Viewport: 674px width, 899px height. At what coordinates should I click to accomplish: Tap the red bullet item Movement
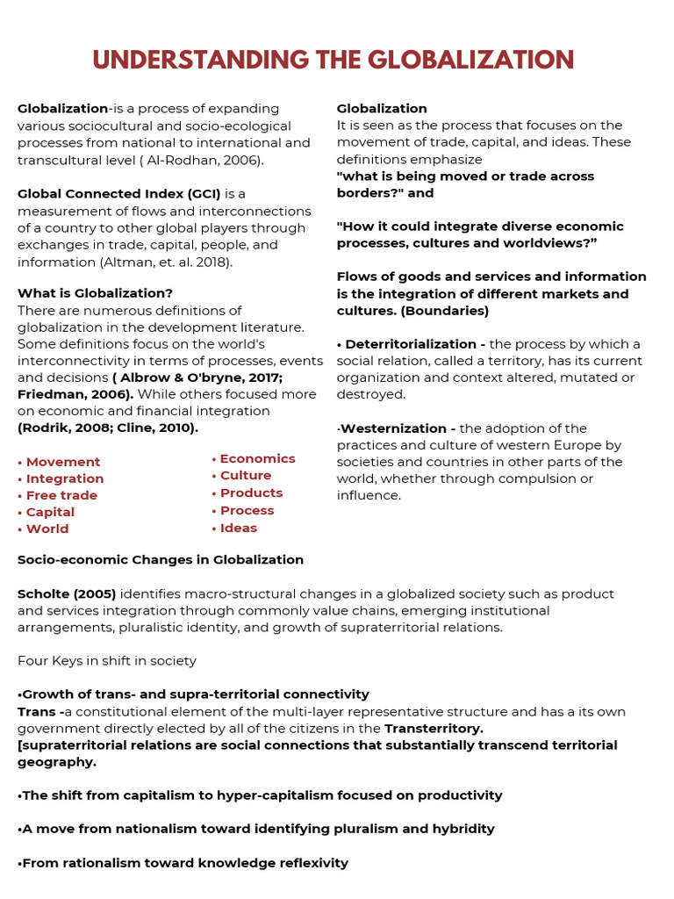(62, 462)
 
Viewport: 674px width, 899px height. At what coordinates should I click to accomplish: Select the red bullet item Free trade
(61, 495)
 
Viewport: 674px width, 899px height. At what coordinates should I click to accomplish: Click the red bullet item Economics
(257, 458)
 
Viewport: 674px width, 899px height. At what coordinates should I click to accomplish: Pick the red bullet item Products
(251, 493)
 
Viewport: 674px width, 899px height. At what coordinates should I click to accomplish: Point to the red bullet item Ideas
(238, 528)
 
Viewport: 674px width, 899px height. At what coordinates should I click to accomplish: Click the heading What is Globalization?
(95, 293)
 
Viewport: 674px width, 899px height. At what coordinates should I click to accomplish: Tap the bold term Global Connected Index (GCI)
(119, 193)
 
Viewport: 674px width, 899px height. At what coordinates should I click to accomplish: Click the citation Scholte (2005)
(67, 593)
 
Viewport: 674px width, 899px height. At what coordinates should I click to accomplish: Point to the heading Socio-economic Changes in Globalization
(161, 559)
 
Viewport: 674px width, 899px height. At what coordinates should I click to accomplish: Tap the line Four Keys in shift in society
(107, 660)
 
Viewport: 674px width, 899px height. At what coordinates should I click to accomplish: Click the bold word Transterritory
(434, 729)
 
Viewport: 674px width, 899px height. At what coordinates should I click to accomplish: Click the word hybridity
(464, 829)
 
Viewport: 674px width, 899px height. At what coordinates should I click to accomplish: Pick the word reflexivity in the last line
(314, 863)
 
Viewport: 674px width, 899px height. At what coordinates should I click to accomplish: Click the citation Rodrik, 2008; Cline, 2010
(108, 428)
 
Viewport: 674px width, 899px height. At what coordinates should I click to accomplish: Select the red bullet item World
(47, 529)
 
